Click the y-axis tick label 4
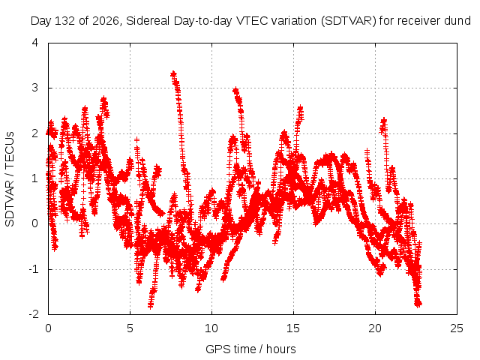pyautogui.click(x=35, y=43)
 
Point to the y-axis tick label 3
pyautogui.click(x=35, y=88)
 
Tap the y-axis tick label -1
pyautogui.click(x=34, y=269)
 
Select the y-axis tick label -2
pyautogui.click(x=34, y=314)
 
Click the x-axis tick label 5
pyautogui.click(x=130, y=328)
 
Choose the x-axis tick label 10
pyautogui.click(x=211, y=328)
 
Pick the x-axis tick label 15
pyautogui.click(x=293, y=328)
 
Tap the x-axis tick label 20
pyautogui.click(x=375, y=328)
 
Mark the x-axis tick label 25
pyautogui.click(x=457, y=328)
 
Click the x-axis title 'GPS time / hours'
pyautogui.click(x=250, y=349)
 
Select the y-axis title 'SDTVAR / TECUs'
pyautogui.click(x=10, y=179)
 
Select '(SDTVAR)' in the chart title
pyautogui.click(x=349, y=21)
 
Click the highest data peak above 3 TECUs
pyautogui.click(x=173, y=74)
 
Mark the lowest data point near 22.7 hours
pyautogui.click(x=418, y=304)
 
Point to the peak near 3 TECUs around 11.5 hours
pyautogui.click(x=235, y=90)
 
